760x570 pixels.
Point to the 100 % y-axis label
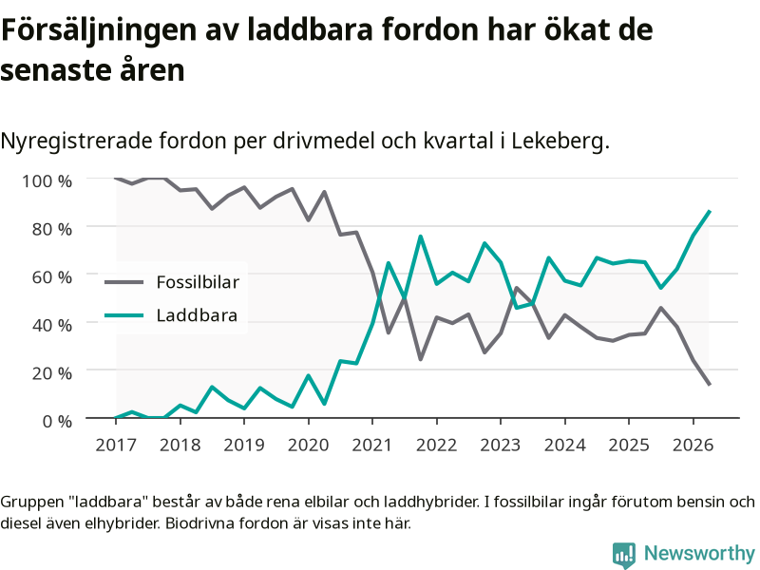point(47,181)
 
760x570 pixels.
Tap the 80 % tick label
point(52,229)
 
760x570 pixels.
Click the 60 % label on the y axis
point(52,276)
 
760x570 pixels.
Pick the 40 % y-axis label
point(52,325)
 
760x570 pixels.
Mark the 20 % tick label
point(52,373)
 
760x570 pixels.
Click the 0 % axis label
point(57,421)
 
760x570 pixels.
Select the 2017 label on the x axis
point(116,445)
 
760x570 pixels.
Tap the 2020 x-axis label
point(308,445)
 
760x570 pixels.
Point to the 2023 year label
point(501,445)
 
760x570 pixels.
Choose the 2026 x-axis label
point(693,445)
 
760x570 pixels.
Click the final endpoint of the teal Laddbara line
point(710,211)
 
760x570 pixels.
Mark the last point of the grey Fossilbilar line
point(710,385)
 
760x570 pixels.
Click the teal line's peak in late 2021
point(420,237)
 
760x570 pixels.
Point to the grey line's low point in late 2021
point(420,360)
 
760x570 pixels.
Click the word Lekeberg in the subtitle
point(560,142)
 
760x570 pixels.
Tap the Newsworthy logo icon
point(624,555)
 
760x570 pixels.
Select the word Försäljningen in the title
point(100,31)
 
